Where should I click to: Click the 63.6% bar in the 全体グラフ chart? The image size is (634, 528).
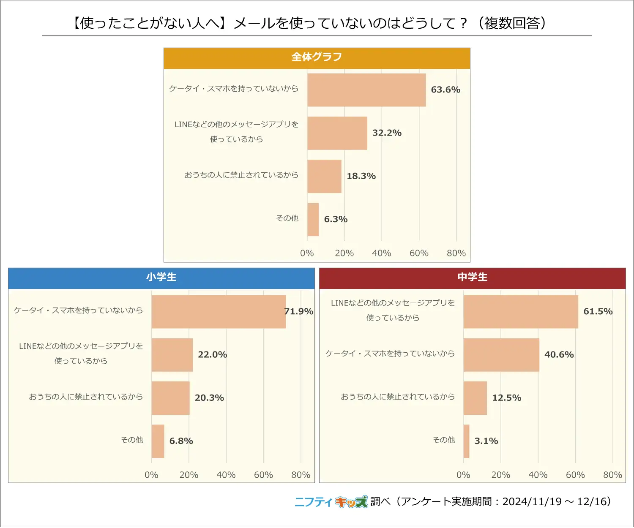(366, 90)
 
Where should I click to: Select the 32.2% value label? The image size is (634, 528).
(387, 133)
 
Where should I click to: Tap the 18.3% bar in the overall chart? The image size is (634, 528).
(324, 176)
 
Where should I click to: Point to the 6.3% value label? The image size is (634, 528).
(336, 219)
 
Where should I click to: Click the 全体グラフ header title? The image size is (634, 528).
(317, 57)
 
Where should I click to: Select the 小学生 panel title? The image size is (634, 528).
(161, 277)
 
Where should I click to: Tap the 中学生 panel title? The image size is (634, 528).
(473, 277)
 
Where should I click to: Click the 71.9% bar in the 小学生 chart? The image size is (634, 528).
(219, 312)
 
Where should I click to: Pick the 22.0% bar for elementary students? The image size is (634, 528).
(172, 355)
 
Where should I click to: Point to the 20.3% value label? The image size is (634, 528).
(209, 398)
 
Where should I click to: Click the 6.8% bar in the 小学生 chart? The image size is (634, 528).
(158, 441)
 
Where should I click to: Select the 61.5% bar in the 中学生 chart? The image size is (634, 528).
(521, 312)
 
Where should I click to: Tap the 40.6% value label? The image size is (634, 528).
(559, 355)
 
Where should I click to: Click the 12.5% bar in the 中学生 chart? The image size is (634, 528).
(475, 398)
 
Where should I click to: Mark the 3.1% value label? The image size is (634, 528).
(486, 441)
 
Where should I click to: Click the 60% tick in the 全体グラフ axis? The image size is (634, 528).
(419, 253)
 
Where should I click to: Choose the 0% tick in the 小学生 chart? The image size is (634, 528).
(151, 475)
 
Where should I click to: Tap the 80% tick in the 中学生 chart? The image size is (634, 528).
(612, 475)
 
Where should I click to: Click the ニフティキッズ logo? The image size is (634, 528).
(331, 502)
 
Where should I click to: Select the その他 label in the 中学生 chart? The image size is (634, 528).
(443, 440)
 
